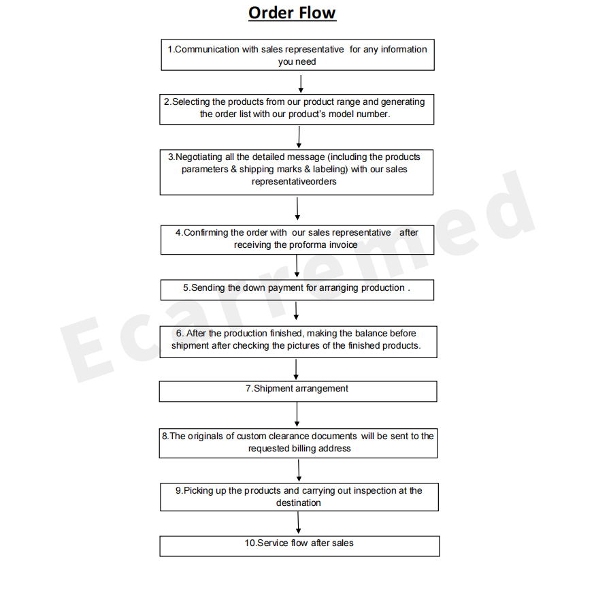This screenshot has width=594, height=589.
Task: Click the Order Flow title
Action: pyautogui.click(x=292, y=13)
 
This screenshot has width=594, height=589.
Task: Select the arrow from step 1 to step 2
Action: pyautogui.click(x=301, y=84)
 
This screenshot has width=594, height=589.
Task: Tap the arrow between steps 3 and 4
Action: pyautogui.click(x=297, y=208)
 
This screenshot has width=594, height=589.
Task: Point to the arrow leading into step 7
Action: pyautogui.click(x=296, y=370)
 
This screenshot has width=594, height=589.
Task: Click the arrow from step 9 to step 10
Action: pyautogui.click(x=298, y=523)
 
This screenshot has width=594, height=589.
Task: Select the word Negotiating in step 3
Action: pyautogui.click(x=199, y=157)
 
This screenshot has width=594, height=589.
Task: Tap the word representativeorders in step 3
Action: pyautogui.click(x=294, y=182)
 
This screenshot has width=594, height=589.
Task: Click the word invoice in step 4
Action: pyautogui.click(x=342, y=245)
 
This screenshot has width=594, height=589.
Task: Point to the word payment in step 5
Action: pyautogui.click(x=286, y=288)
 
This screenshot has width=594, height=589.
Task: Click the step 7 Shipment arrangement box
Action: pyautogui.click(x=298, y=391)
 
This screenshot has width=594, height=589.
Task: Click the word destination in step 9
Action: pyautogui.click(x=299, y=503)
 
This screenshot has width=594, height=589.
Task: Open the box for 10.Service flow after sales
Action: pyautogui.click(x=299, y=546)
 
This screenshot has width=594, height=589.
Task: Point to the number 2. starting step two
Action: pyautogui.click(x=168, y=102)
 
